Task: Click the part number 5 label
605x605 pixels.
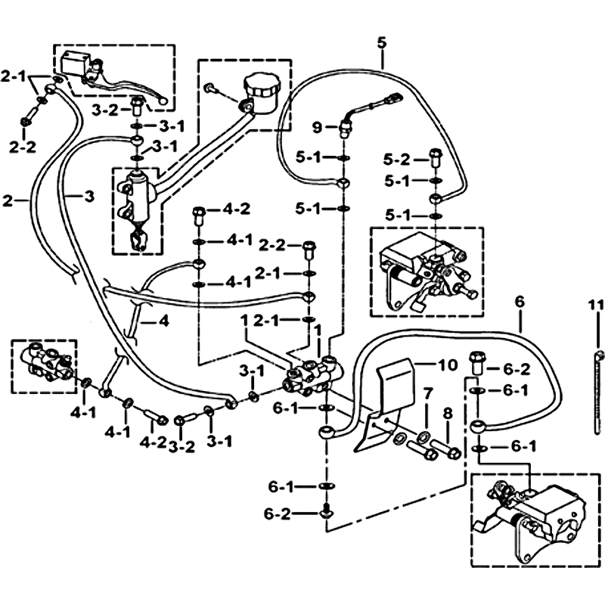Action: [x=382, y=42]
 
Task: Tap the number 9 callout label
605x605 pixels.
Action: [x=318, y=126]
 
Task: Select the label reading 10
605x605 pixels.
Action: [x=447, y=365]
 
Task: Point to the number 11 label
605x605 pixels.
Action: [x=595, y=306]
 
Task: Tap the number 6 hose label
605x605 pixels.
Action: [x=519, y=302]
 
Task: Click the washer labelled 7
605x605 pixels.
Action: [x=421, y=436]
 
